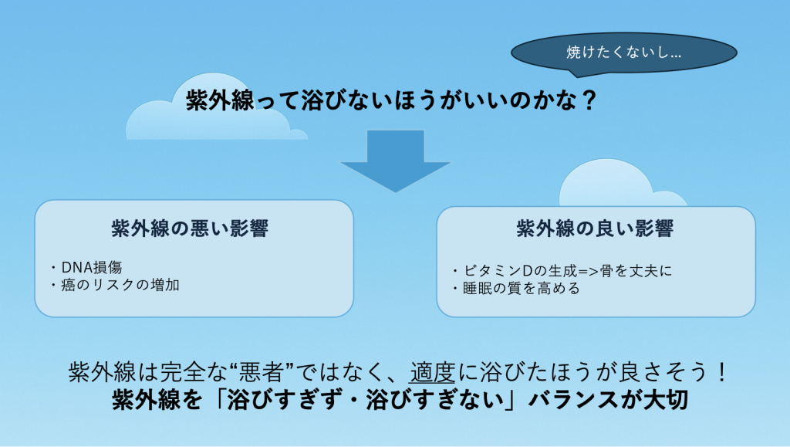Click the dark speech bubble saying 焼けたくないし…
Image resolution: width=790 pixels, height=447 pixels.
coord(623,53)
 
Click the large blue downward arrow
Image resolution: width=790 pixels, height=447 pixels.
coord(396,161)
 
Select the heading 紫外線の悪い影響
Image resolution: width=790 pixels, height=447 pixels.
coord(190,229)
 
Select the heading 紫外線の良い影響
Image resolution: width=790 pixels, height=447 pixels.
coord(595,229)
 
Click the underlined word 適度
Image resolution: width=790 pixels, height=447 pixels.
coord(432,373)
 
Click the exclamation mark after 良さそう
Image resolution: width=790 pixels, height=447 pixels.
coord(722,373)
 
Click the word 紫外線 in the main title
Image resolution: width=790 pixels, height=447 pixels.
coord(221,100)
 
